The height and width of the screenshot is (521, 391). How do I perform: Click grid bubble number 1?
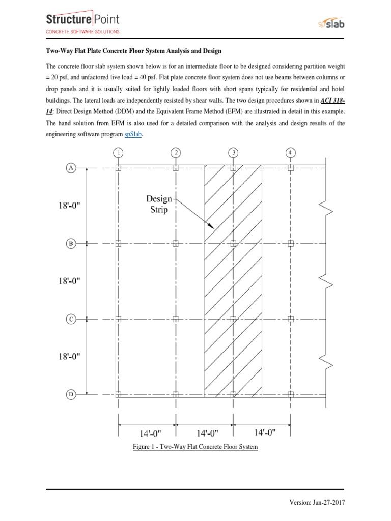[x=118, y=152]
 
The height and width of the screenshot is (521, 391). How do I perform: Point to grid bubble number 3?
[x=233, y=152]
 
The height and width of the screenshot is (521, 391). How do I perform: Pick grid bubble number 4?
[x=291, y=152]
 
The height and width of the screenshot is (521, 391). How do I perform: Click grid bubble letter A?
[x=71, y=168]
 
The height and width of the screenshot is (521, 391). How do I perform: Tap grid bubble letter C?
[x=71, y=319]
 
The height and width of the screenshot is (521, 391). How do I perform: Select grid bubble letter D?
[x=71, y=394]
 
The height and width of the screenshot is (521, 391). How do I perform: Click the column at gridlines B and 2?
[x=176, y=244]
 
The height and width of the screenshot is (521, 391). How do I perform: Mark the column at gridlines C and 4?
[x=291, y=319]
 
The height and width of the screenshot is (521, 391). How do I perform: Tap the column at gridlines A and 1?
[x=118, y=168]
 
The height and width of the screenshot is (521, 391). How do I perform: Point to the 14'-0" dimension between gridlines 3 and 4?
[x=264, y=432]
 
